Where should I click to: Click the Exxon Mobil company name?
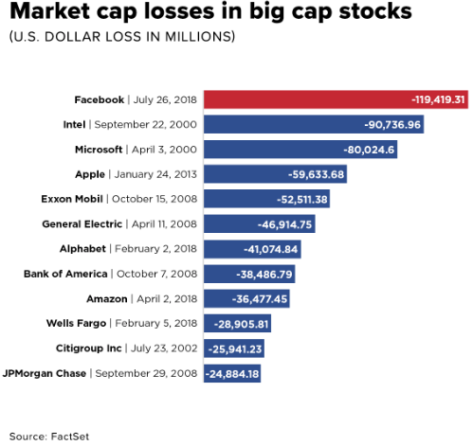pyautogui.click(x=72, y=199)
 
